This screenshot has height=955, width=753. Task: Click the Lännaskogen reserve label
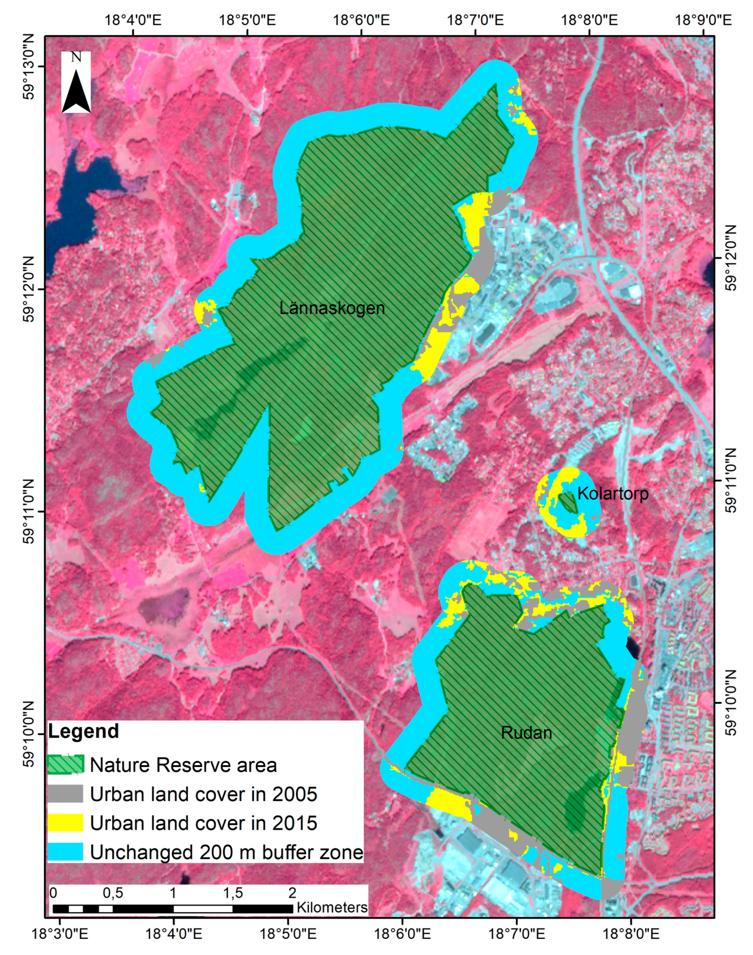pyautogui.click(x=332, y=308)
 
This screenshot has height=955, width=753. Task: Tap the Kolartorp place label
pyautogui.click(x=613, y=493)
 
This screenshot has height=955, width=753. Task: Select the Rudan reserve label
pyautogui.click(x=526, y=732)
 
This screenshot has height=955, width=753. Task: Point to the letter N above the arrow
pyautogui.click(x=76, y=57)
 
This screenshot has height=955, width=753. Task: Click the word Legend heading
pyautogui.click(x=83, y=731)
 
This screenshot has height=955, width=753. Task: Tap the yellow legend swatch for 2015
pyautogui.click(x=65, y=823)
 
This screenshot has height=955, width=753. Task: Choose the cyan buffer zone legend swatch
pyautogui.click(x=65, y=852)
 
